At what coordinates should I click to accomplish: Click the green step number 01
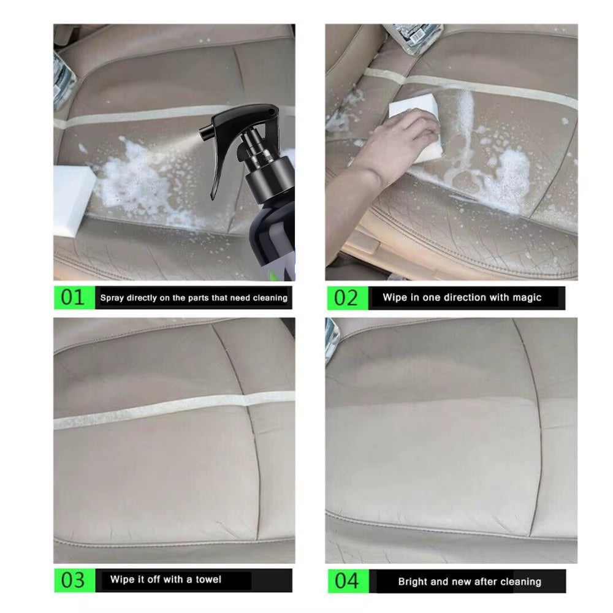[x=72, y=298]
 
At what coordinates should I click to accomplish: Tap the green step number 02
[x=345, y=298]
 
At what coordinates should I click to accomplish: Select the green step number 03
[x=72, y=580]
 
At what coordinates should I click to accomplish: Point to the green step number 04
[x=345, y=581]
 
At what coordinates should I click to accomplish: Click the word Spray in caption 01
[x=112, y=298]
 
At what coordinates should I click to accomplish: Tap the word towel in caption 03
[x=208, y=579]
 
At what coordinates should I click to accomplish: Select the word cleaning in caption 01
[x=267, y=298]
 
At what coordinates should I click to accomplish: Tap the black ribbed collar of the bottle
[x=270, y=178]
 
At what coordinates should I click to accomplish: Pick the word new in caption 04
[x=462, y=581]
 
